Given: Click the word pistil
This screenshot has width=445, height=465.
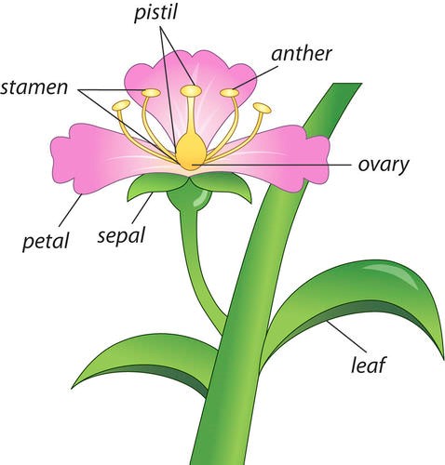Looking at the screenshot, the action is tap(155, 13).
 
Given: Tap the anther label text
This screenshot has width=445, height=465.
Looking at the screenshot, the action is tap(302, 53).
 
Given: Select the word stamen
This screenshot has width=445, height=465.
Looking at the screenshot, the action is tap(34, 87).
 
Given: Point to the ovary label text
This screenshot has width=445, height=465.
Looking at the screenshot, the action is tap(384, 166).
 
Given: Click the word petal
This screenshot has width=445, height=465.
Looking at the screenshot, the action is tap(46, 241).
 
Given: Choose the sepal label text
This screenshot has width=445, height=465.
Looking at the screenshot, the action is tap(121, 235).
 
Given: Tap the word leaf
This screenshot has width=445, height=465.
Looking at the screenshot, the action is tap(369, 365).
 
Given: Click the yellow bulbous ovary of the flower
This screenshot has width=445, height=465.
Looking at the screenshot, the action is tap(191, 152).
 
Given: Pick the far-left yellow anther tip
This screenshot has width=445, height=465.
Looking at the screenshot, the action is tap(121, 105).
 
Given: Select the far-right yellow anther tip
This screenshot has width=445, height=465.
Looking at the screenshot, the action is tap(263, 108).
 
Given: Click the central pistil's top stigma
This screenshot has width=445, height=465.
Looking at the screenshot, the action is tap(191, 90).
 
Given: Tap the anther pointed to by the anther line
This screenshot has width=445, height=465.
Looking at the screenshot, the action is tap(230, 92).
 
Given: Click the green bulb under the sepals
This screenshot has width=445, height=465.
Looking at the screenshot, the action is tap(190, 198).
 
